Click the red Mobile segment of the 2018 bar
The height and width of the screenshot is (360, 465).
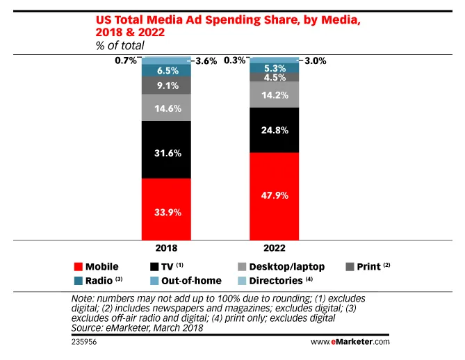[167, 208]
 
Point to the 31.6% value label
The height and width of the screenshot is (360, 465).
[167, 149]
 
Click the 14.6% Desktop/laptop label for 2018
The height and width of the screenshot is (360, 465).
[167, 108]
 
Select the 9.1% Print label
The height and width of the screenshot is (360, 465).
[167, 85]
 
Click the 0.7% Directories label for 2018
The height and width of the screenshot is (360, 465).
[125, 61]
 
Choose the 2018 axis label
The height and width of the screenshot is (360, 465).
[167, 248]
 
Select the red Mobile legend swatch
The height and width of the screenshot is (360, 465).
[78, 266]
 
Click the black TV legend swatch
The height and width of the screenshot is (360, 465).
[155, 266]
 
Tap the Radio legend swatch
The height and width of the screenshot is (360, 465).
[78, 281]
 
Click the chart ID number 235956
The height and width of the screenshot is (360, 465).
[85, 342]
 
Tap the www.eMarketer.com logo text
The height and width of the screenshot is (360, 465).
[350, 342]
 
